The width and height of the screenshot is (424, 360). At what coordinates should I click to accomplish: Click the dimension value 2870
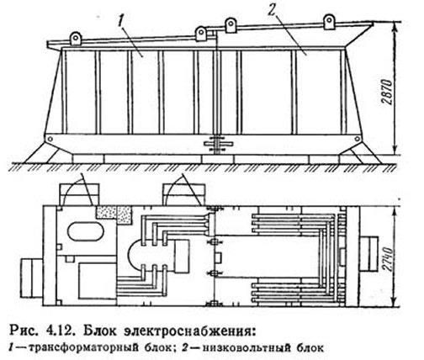click(x=389, y=93)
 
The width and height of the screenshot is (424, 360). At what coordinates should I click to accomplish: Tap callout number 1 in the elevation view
click(x=121, y=20)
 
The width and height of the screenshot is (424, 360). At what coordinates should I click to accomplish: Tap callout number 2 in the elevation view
click(x=271, y=11)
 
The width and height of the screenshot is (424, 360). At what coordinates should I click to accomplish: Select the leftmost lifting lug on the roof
click(x=76, y=39)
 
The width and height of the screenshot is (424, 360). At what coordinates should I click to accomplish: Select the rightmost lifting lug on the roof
click(x=329, y=22)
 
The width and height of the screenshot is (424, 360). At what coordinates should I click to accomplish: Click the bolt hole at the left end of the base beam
click(x=50, y=139)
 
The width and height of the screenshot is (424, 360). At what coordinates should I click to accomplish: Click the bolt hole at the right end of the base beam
click(x=357, y=139)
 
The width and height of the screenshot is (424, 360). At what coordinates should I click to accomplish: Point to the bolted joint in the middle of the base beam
click(x=218, y=144)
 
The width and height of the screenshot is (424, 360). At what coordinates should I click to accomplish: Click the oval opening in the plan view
click(x=86, y=230)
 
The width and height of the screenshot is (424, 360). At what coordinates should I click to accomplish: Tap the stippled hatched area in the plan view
click(x=114, y=214)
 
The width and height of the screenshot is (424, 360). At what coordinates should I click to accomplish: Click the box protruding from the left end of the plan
click(x=32, y=278)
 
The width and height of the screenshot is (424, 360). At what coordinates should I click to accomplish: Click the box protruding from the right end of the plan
click(x=369, y=254)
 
